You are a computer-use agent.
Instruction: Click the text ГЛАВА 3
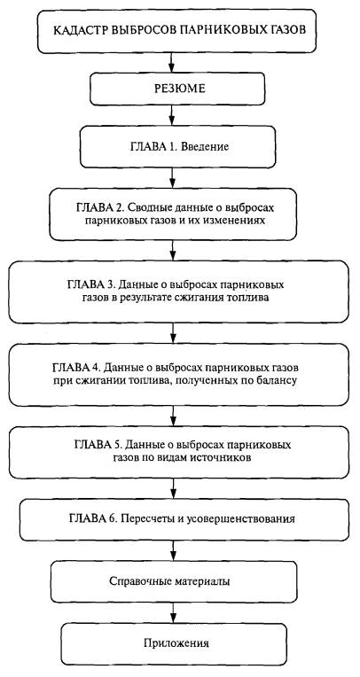[x=90, y=285]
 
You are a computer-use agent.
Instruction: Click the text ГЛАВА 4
[x=76, y=368]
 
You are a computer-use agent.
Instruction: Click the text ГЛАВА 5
[x=98, y=445]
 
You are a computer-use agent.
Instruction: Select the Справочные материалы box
[x=173, y=581]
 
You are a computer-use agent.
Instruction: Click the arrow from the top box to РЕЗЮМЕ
[x=172, y=62]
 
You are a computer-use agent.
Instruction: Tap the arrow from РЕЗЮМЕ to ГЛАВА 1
[x=172, y=115]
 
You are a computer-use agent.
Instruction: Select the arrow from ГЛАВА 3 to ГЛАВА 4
[x=172, y=333]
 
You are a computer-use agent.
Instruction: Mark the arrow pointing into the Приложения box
[x=173, y=612]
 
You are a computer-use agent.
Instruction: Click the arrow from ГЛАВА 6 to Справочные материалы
[x=173, y=551]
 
